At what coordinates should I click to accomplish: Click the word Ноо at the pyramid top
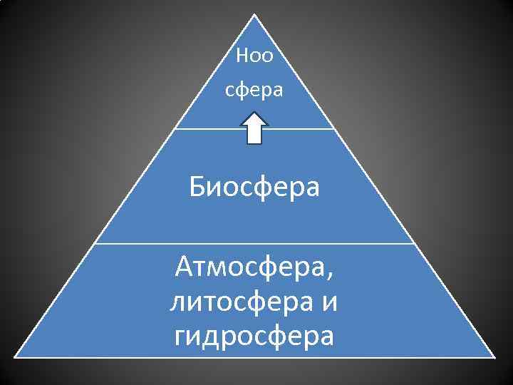point(254,56)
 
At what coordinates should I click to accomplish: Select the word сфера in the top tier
point(254,91)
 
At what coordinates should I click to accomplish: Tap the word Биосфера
point(254,188)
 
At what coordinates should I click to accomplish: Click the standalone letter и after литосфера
point(329,302)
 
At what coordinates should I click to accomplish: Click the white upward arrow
point(254,129)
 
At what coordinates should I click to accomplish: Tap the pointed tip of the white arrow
point(254,113)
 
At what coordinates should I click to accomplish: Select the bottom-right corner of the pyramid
point(494,356)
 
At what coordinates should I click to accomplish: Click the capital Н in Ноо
point(242,56)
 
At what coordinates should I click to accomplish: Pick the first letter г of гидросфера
point(179,336)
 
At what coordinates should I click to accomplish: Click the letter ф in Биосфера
point(264,190)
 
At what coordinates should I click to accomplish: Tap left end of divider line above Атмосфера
point(95,243)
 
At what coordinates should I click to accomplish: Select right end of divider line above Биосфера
point(334,129)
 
